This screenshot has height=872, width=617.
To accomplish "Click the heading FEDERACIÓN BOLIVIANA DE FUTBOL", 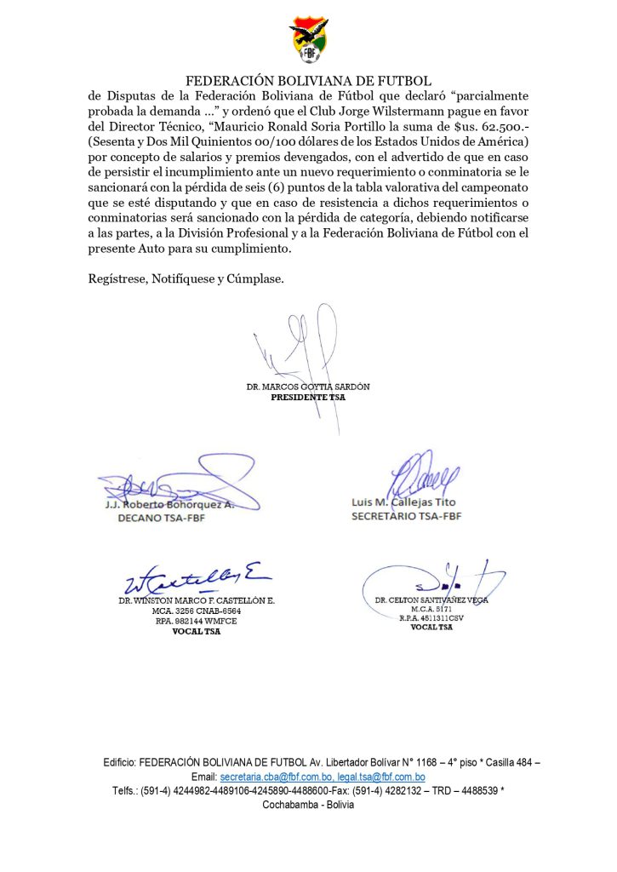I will click(x=308, y=82).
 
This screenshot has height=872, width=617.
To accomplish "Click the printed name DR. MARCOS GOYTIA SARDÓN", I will click(x=308, y=387).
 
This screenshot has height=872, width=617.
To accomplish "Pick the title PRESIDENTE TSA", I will click(x=308, y=397).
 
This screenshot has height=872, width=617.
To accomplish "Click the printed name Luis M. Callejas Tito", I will click(x=403, y=502).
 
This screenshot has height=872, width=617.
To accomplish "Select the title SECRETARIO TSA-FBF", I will click(x=406, y=516).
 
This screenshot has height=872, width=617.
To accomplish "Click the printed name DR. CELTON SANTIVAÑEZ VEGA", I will click(x=431, y=600).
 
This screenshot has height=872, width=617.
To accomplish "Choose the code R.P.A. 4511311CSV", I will click(x=431, y=618).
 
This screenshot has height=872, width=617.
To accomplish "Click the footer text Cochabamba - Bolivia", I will click(x=308, y=805).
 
